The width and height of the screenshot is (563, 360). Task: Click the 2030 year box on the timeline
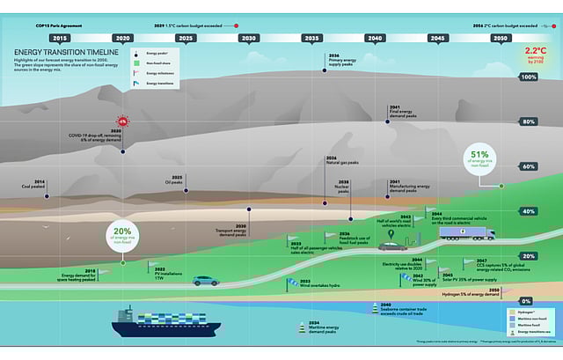(249, 39)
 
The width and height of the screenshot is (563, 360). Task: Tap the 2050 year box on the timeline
(501, 39)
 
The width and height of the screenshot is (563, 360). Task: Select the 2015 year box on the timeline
(60, 39)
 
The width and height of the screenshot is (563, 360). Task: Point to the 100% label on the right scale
(529, 77)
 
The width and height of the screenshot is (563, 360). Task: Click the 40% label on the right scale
(529, 211)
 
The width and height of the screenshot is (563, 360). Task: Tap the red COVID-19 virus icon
(122, 121)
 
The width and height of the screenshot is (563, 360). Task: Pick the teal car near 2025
(206, 280)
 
